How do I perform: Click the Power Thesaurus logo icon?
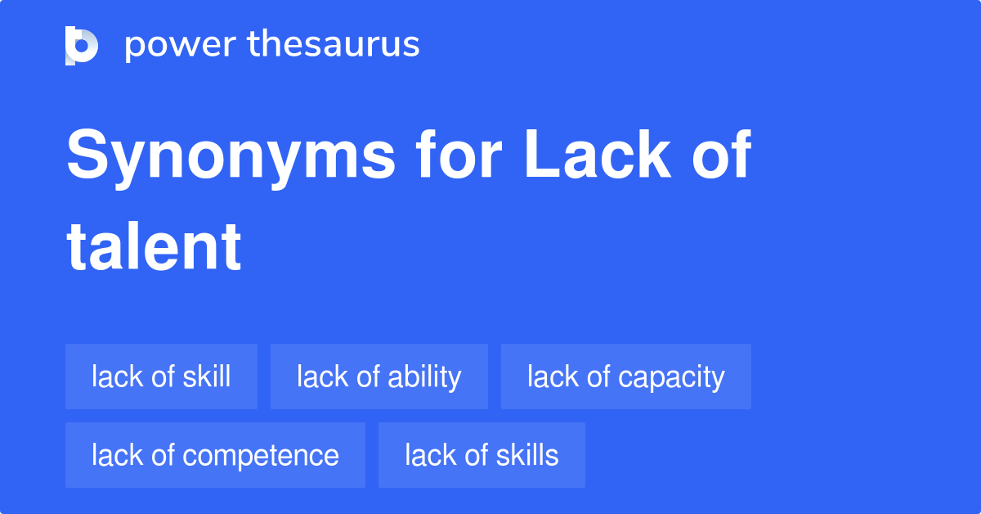pyautogui.click(x=82, y=45)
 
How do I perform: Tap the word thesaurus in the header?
pyautogui.click(x=334, y=45)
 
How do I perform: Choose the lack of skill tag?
pyautogui.click(x=161, y=376)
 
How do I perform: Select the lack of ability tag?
pyautogui.click(x=379, y=376)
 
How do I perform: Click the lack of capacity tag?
pyautogui.click(x=625, y=376)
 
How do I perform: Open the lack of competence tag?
pyautogui.click(x=215, y=455)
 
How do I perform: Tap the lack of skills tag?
pyautogui.click(x=482, y=455)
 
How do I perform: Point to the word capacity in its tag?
pyautogui.click(x=671, y=377)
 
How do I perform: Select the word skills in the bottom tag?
pyautogui.click(x=525, y=455)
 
